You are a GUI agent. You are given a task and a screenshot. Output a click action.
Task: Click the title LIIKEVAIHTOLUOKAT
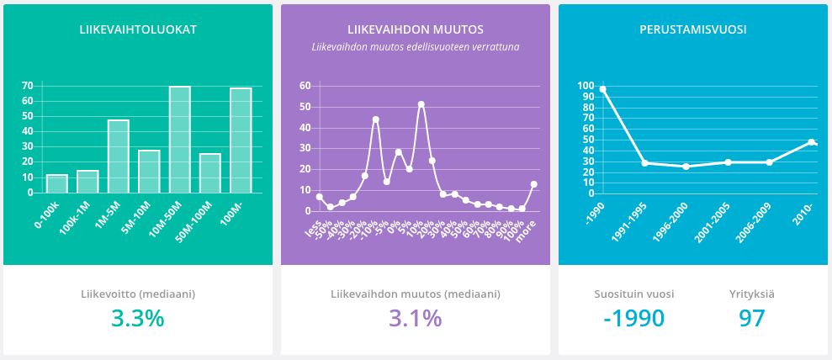(x=138, y=29)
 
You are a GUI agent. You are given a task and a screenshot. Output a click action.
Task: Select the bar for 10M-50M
(x=179, y=140)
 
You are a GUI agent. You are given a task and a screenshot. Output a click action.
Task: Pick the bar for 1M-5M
(x=118, y=156)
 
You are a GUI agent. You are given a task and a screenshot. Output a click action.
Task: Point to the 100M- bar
(x=241, y=140)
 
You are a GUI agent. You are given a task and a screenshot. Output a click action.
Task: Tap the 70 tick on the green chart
(x=28, y=85)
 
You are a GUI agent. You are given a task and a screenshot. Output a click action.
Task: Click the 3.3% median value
(x=138, y=319)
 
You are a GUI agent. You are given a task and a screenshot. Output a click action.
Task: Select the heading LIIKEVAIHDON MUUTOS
(x=415, y=29)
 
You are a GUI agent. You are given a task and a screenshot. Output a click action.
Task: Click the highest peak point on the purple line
(x=421, y=104)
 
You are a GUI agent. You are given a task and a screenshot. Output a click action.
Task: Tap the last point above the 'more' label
(x=533, y=184)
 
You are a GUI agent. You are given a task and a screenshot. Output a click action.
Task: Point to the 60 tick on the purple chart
(x=305, y=85)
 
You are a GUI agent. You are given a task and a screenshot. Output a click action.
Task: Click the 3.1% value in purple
(x=415, y=319)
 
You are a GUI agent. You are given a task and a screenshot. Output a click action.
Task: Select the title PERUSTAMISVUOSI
(x=692, y=29)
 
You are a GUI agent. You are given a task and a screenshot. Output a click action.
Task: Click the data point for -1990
(x=602, y=89)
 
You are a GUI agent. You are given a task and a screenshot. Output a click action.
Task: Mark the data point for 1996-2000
(x=686, y=167)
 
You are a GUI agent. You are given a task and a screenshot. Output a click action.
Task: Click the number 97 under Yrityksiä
(x=751, y=319)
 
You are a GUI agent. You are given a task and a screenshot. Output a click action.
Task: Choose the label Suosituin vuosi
(x=633, y=294)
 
